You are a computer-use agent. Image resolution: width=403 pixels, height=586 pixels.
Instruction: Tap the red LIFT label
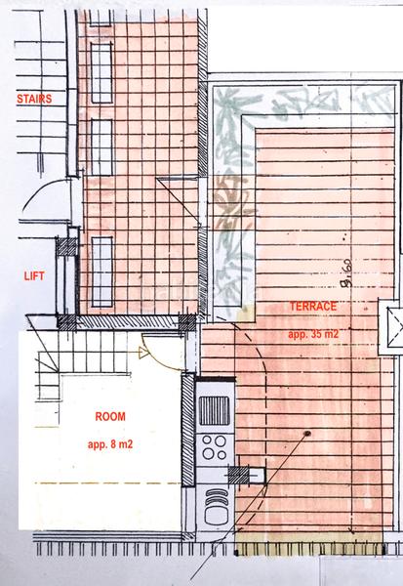pyautogui.click(x=34, y=276)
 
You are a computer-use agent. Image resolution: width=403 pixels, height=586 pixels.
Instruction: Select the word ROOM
pyautogui.click(x=109, y=416)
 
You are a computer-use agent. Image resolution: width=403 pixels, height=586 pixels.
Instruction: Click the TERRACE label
pyautogui.click(x=313, y=307)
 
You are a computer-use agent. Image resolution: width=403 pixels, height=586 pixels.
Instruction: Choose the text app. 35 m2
pyautogui.click(x=313, y=334)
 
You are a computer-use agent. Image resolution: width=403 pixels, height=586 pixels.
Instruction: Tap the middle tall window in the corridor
pyautogui.click(x=101, y=146)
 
